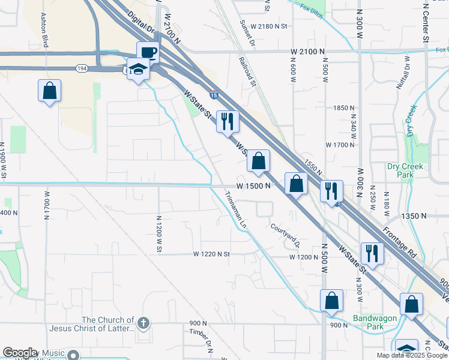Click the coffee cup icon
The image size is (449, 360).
pos(148,52)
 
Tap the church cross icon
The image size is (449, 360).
pos(142,323)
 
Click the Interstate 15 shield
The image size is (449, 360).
pos(214,94)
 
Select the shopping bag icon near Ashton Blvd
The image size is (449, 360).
pos(50,91)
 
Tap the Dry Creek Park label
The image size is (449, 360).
pos(405,170)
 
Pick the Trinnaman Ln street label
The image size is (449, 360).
pos(236,208)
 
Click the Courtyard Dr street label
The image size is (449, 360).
pos(285,235)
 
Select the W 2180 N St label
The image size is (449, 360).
pos(270,26)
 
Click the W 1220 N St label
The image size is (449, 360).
pos(212,254)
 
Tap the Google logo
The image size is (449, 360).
pos(20,353)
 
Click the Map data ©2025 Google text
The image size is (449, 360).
pos(412,355)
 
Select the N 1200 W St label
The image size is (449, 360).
pos(158,233)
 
